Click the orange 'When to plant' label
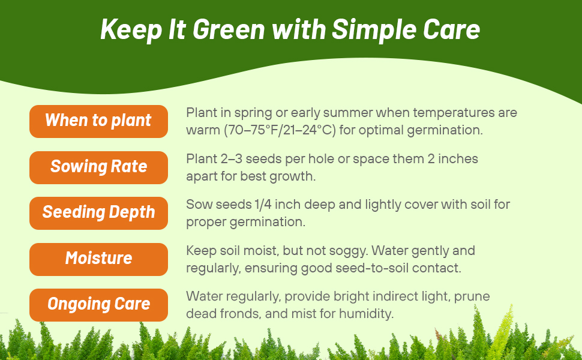(98, 121)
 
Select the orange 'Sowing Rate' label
(98, 167)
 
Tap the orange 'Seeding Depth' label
(98, 212)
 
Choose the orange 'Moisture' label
(98, 259)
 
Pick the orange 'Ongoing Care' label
(98, 304)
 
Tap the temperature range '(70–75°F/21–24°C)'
(280, 130)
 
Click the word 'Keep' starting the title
(123, 29)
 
